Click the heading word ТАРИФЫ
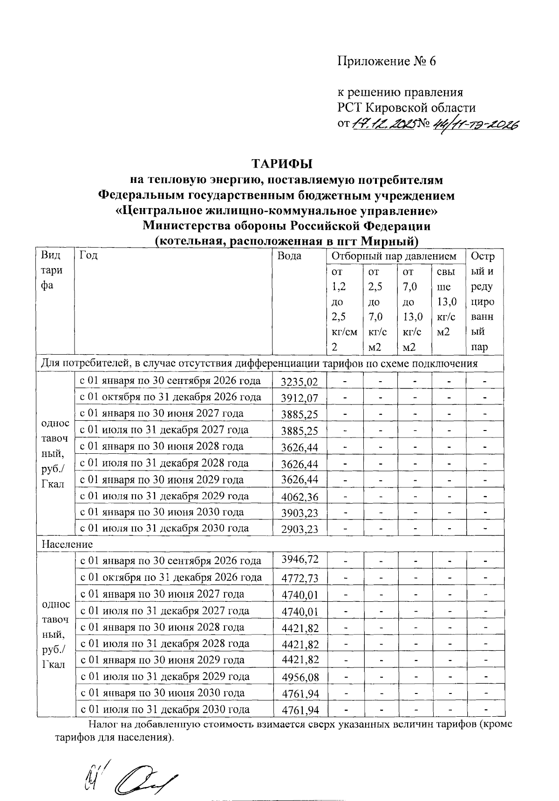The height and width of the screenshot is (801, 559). point(282,164)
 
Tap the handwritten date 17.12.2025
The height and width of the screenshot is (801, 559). point(383,124)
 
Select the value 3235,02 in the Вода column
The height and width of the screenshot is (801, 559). point(300,382)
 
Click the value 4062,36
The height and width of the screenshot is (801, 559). point(300,497)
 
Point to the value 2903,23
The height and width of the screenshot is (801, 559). point(300,529)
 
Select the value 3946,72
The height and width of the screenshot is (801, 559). point(300,559)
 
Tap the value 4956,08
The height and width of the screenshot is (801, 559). point(300,677)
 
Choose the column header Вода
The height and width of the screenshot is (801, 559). point(289,256)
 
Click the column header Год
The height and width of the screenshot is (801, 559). point(89,255)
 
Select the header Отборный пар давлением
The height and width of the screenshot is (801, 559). point(394,256)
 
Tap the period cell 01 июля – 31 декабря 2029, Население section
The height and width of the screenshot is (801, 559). point(165,677)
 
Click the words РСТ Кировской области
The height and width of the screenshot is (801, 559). point(407,108)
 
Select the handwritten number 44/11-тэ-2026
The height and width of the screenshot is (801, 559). point(474,124)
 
